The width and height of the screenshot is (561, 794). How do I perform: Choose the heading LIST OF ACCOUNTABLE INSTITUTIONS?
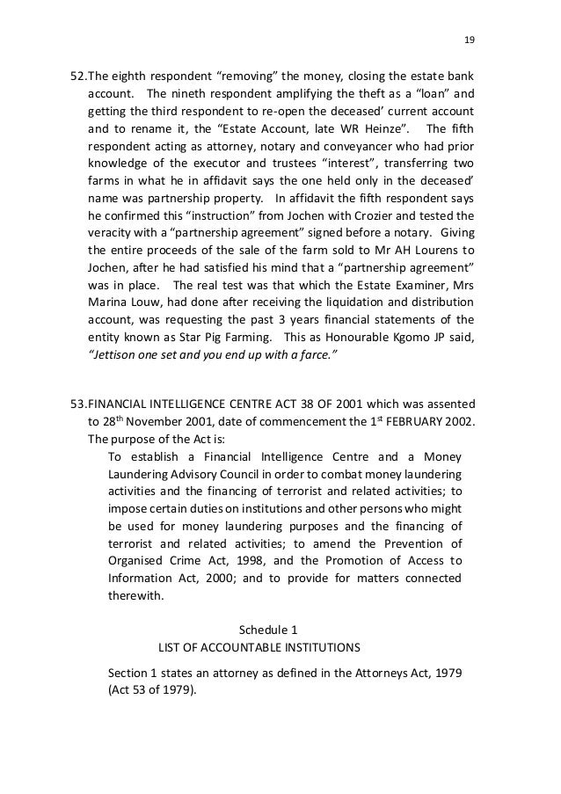pyautogui.click(x=259, y=649)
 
